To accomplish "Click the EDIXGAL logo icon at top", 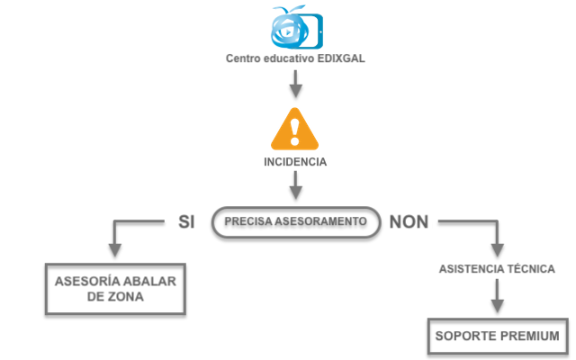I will (294, 27).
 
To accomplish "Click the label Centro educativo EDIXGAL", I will (295, 59).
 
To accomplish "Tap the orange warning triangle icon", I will (295, 129).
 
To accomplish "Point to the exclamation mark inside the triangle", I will (295, 133).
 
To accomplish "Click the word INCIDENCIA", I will (295, 163).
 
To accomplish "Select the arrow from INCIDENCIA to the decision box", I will (295, 186).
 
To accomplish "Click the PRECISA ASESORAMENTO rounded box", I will (295, 221).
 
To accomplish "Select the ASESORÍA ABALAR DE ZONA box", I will (115, 288).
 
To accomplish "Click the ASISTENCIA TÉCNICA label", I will (496, 269).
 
